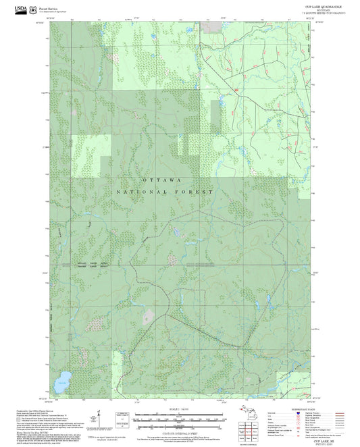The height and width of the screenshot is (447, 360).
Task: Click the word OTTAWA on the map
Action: point(162,180)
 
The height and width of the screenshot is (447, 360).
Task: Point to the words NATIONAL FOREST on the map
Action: point(165,192)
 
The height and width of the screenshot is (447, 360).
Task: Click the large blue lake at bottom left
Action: point(64,375)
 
